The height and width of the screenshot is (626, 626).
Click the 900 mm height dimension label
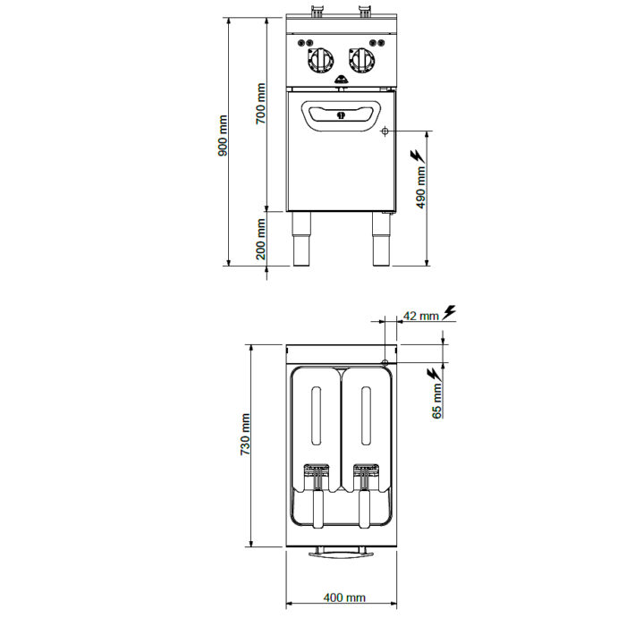[x=223, y=136]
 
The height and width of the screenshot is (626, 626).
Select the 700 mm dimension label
[x=260, y=104]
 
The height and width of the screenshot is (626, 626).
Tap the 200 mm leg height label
[x=260, y=239]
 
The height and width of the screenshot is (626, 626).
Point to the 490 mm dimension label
[x=421, y=188]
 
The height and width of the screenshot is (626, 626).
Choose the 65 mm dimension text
[x=437, y=401]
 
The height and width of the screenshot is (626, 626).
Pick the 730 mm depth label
[x=245, y=435]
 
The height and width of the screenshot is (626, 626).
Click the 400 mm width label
[x=344, y=597]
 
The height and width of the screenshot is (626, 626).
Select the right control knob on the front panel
[x=362, y=60]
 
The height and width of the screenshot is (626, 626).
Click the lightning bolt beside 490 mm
[x=418, y=156]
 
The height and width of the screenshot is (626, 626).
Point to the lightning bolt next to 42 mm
[x=449, y=312]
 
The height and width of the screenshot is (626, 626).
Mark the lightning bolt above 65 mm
[x=434, y=375]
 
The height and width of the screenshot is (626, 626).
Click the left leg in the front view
[x=302, y=239]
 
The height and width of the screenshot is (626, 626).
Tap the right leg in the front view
[x=381, y=239]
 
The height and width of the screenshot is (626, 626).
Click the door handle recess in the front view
[x=340, y=115]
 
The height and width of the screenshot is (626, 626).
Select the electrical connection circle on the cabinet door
[x=385, y=131]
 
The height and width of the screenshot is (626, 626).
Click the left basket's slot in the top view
[x=317, y=416]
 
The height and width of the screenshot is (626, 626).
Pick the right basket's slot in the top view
[x=365, y=416]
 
